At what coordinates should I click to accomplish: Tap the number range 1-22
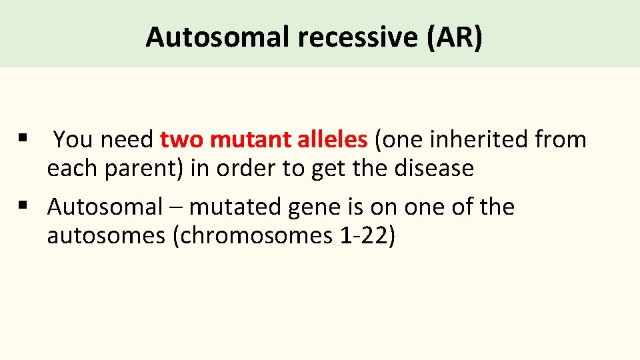359,236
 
